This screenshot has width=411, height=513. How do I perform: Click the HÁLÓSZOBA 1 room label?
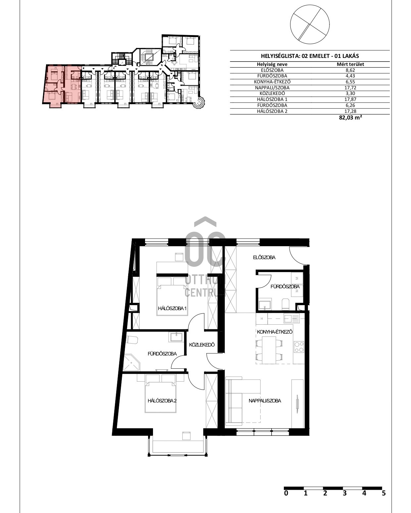(172, 308)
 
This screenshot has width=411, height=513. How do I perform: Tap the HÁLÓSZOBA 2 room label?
(162, 401)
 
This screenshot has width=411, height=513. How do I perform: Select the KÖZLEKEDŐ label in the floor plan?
(202, 345)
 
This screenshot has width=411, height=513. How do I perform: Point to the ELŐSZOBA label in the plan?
(264, 257)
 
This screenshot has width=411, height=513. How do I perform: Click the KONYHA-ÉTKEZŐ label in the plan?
(275, 332)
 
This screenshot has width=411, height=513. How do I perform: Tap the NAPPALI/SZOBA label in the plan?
(265, 401)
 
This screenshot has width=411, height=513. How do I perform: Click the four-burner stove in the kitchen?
(299, 347)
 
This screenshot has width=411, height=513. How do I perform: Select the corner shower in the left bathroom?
(132, 363)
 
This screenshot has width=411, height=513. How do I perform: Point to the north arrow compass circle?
(310, 24)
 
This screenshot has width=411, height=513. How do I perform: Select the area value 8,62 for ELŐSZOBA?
(350, 70)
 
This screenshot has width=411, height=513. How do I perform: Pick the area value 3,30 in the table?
(350, 94)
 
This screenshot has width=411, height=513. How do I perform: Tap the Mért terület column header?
(350, 64)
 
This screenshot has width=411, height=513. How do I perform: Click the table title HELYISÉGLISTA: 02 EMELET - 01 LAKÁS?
(310, 56)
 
